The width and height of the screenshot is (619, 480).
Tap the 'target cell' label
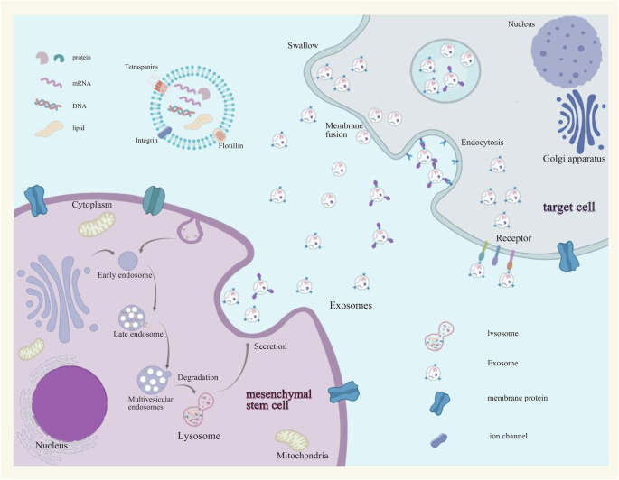(568, 208)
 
